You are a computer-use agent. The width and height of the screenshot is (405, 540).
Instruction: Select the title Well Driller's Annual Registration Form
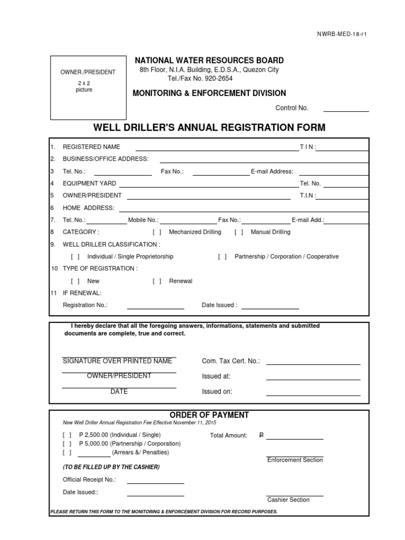coord(209,128)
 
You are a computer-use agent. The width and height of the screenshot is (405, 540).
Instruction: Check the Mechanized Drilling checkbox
coord(157,232)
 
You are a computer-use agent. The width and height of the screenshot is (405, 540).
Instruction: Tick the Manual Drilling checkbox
coord(239,232)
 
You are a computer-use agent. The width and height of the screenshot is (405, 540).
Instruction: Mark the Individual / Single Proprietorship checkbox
coord(75,257)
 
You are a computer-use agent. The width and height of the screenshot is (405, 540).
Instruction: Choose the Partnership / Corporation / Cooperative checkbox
coord(223,257)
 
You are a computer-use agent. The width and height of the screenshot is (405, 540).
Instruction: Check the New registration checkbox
coord(75,281)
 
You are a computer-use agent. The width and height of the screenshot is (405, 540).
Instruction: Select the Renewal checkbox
coord(157,281)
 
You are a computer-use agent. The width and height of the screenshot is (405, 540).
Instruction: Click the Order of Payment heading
coord(209,415)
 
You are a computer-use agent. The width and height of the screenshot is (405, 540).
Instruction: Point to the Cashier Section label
coord(288,499)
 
